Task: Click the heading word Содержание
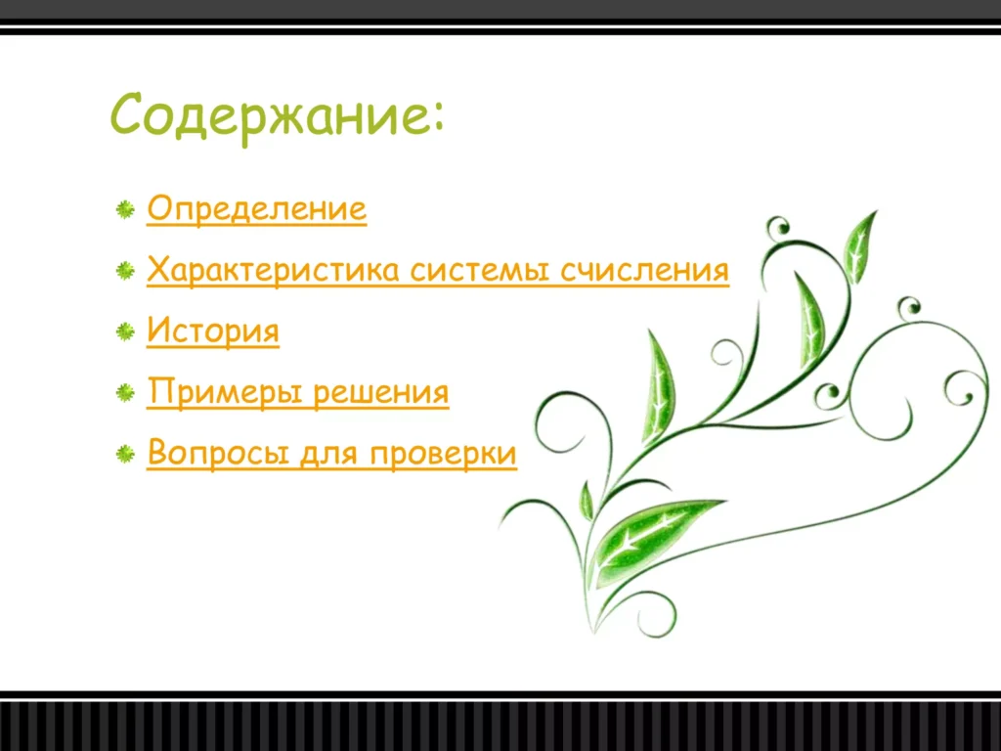(x=270, y=116)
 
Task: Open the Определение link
(x=256, y=209)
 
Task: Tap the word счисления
(x=644, y=270)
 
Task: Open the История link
(x=212, y=331)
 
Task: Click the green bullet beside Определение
(x=125, y=209)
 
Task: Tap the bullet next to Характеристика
(x=125, y=271)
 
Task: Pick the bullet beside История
(x=125, y=332)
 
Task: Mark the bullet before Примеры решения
(x=125, y=394)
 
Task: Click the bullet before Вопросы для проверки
(x=125, y=455)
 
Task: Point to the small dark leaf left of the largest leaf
(x=587, y=502)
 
